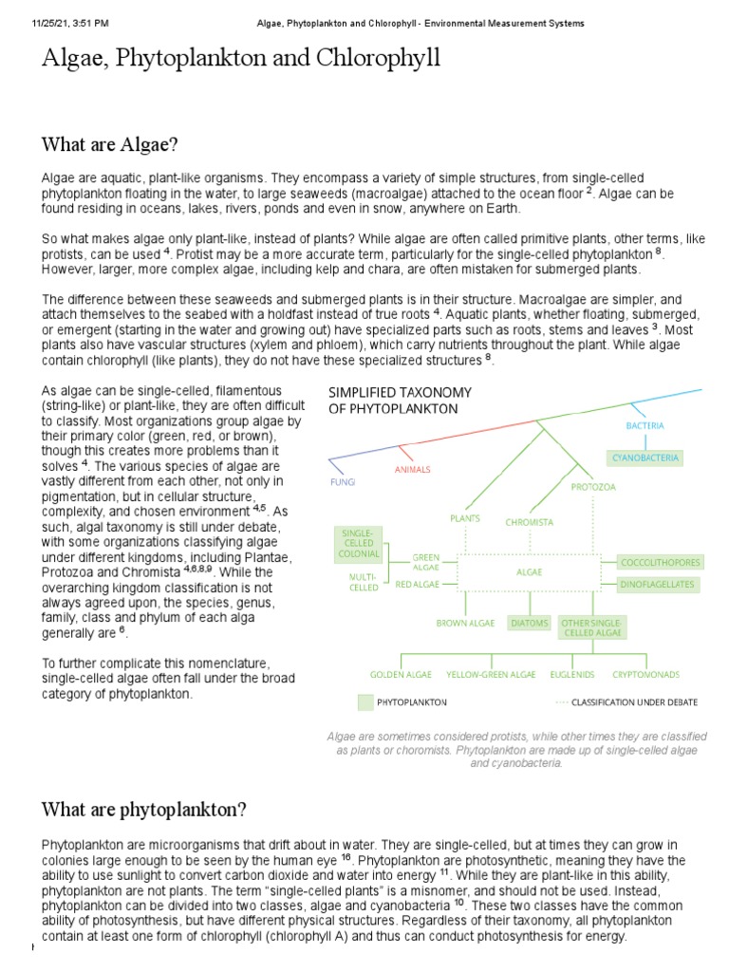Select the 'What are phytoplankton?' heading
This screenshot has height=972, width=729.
pos(143,810)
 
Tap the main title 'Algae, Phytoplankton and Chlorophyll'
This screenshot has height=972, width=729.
pos(241,59)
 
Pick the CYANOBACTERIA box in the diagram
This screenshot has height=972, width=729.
pos(645,458)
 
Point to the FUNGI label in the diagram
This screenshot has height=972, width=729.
pos(343,482)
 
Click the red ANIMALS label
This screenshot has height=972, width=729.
pos(412,469)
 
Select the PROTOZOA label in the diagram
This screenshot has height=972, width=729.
pos(593,487)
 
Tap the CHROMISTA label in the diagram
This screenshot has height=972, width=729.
pos(529,522)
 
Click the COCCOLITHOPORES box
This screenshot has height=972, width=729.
pos(660,562)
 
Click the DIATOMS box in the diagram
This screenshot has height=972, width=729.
pos(530,623)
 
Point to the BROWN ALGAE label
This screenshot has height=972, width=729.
pos(465,623)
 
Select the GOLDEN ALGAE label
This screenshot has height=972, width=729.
pos(401,675)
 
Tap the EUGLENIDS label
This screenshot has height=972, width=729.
pos(572,675)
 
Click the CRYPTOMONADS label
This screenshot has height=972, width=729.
pos(645,675)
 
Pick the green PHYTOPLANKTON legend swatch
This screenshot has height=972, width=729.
pos(365,702)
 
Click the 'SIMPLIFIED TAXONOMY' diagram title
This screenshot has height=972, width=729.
pos(399,392)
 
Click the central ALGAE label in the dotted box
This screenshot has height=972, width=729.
pos(529,572)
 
